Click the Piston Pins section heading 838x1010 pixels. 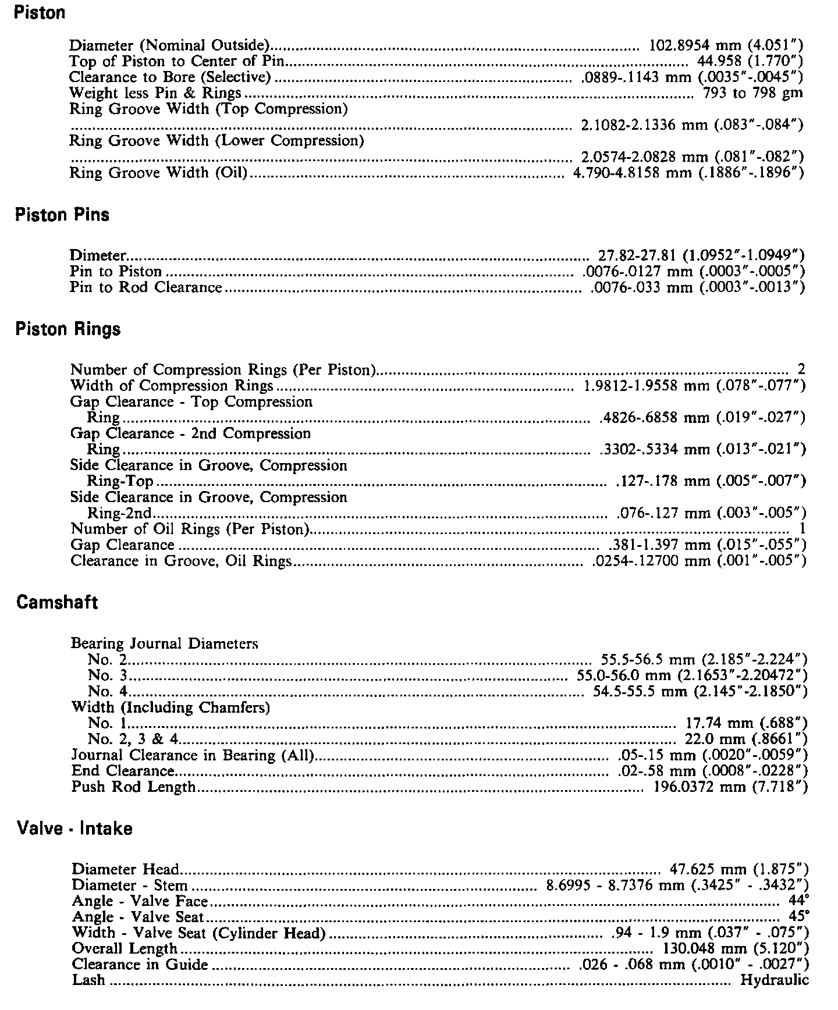(62, 215)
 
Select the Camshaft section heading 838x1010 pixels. (57, 602)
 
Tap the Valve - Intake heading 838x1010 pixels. (74, 828)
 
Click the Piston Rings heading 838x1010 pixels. (68, 329)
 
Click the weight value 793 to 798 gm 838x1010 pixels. (753, 93)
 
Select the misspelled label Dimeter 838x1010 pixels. (98, 255)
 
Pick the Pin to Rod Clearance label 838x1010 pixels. (146, 287)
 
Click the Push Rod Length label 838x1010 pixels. (133, 787)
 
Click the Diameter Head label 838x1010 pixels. (125, 869)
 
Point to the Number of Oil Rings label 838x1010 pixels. (189, 529)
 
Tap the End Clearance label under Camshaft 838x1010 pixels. (122, 771)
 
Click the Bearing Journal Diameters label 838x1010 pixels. (164, 643)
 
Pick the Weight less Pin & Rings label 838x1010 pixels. (155, 93)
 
